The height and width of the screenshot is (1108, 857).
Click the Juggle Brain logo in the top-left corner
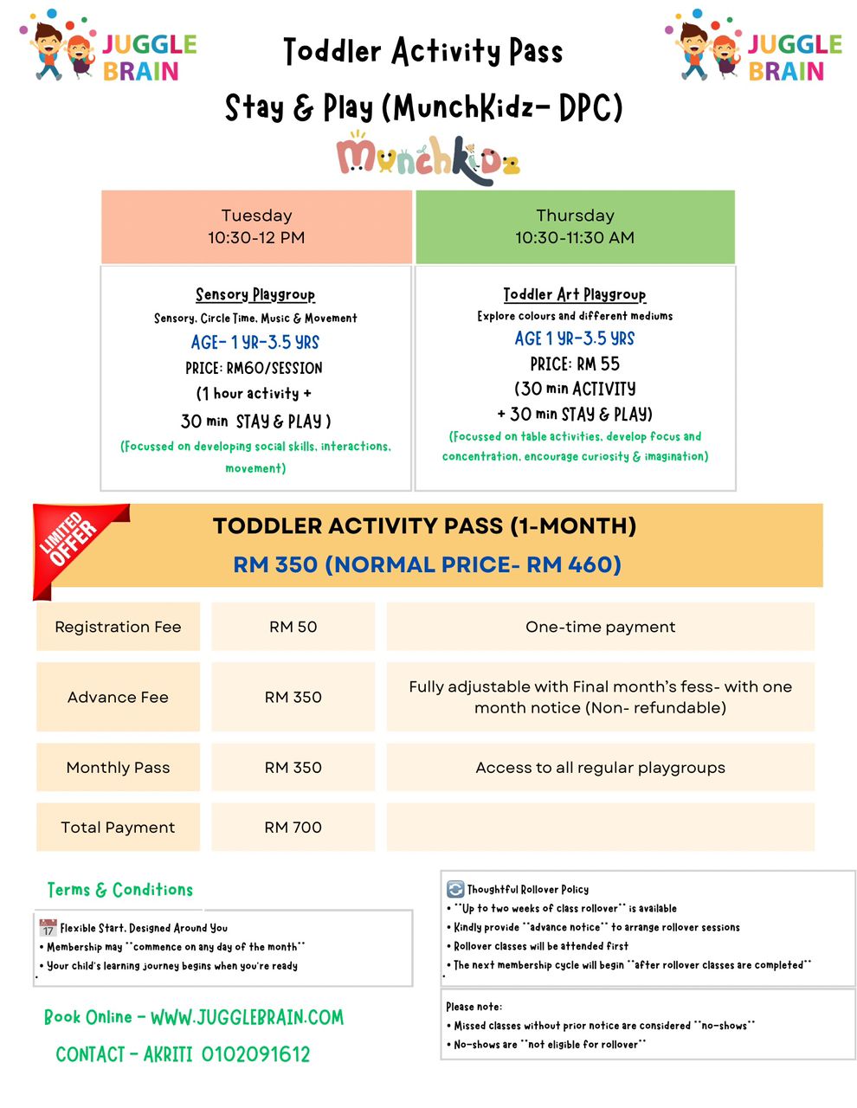point(108,48)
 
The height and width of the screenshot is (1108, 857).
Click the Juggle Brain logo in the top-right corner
point(753,48)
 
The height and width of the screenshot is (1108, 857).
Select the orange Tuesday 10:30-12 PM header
point(256,227)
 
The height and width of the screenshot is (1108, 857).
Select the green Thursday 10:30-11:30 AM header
point(575,227)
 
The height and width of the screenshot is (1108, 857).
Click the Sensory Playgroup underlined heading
point(255,294)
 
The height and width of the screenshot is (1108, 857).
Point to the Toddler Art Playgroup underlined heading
point(575,294)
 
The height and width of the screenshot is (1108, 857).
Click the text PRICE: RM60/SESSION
point(254,368)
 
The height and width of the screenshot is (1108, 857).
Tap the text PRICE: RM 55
point(575,364)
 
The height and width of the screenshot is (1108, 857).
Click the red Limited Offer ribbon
point(74,541)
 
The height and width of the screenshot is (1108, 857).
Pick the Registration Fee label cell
point(118,627)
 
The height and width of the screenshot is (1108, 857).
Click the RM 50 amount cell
point(293,627)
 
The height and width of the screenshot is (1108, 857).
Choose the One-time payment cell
point(600,627)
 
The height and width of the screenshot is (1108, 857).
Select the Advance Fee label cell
point(118,697)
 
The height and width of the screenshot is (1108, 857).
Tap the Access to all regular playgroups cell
point(600,767)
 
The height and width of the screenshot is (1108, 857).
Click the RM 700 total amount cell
point(293,828)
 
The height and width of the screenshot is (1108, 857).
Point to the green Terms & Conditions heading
point(120,890)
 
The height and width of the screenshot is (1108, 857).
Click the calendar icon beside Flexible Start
point(48,928)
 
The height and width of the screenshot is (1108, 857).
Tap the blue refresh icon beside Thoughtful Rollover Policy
point(455,889)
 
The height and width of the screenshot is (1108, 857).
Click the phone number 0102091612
point(255,1054)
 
